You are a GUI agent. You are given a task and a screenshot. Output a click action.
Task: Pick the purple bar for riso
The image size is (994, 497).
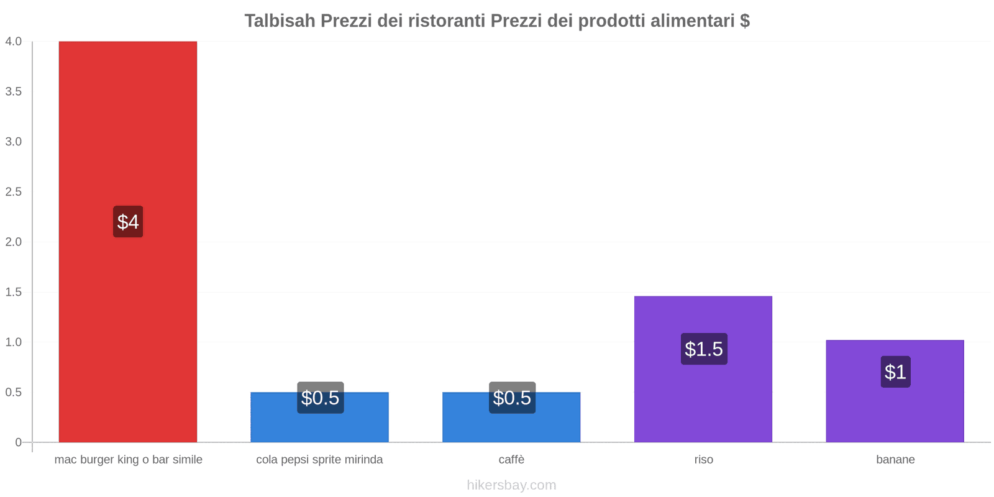[x=703, y=398]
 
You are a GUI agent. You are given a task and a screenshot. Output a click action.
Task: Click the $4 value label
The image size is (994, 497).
[x=128, y=222]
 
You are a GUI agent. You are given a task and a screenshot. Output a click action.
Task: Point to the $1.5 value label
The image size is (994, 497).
[x=703, y=349]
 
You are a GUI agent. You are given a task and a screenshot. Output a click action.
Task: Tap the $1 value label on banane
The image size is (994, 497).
[x=895, y=372]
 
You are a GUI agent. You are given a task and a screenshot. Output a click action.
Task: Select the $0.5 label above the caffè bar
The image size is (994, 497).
[x=512, y=398]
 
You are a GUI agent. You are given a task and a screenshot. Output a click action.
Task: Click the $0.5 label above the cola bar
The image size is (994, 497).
[x=320, y=398]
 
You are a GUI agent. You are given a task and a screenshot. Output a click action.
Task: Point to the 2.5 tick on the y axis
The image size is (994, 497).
[x=13, y=192]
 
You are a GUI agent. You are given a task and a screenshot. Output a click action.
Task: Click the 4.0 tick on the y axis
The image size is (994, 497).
[x=13, y=42]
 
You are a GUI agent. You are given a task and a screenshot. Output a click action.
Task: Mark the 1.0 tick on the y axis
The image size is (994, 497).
[x=13, y=342]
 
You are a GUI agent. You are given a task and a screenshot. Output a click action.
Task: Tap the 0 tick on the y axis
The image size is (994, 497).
[x=18, y=442]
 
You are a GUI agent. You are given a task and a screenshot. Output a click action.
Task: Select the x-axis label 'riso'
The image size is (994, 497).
[x=703, y=460]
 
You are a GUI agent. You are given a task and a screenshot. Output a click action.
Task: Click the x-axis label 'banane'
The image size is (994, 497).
[x=895, y=460]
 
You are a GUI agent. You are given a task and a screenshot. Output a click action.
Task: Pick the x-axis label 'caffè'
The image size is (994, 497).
[x=511, y=460]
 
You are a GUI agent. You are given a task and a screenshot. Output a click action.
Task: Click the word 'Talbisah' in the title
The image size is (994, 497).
[x=280, y=21]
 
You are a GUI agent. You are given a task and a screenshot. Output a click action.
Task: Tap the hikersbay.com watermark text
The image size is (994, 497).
[x=511, y=485]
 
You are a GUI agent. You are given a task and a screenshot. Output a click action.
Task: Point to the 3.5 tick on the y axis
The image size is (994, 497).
[x=13, y=92]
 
